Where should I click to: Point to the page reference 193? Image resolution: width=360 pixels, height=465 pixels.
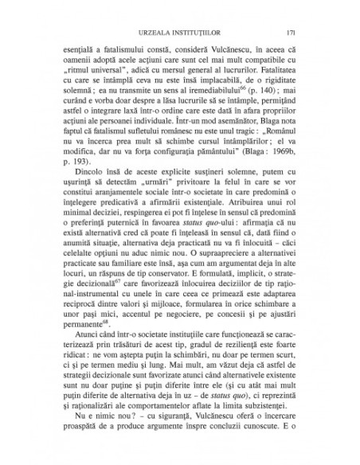click(x=81, y=168)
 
